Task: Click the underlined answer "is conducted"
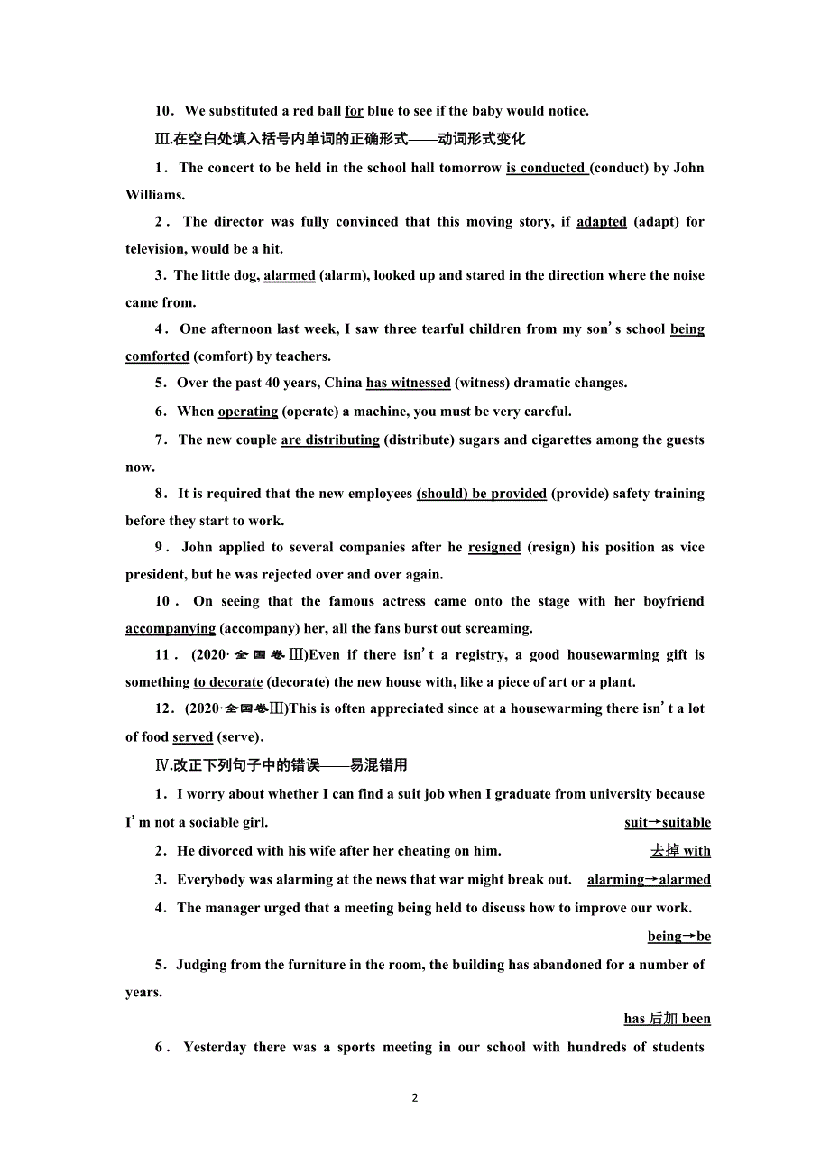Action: (546, 168)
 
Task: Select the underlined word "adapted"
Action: (601, 222)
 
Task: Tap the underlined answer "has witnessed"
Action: (408, 383)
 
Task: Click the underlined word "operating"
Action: (248, 412)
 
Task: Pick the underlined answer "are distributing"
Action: (330, 440)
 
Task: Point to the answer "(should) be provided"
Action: (482, 494)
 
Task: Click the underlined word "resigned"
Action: (494, 548)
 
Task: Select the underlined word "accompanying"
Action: (171, 628)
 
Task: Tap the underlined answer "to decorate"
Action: (228, 682)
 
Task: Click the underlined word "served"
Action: (193, 737)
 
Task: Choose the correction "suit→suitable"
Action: (668, 822)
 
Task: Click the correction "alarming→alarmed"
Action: (649, 879)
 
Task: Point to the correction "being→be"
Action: (679, 937)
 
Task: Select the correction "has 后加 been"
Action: (668, 1019)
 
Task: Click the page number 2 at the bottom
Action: (415, 1098)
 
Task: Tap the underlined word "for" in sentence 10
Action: (354, 111)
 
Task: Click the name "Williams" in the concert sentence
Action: (154, 195)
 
